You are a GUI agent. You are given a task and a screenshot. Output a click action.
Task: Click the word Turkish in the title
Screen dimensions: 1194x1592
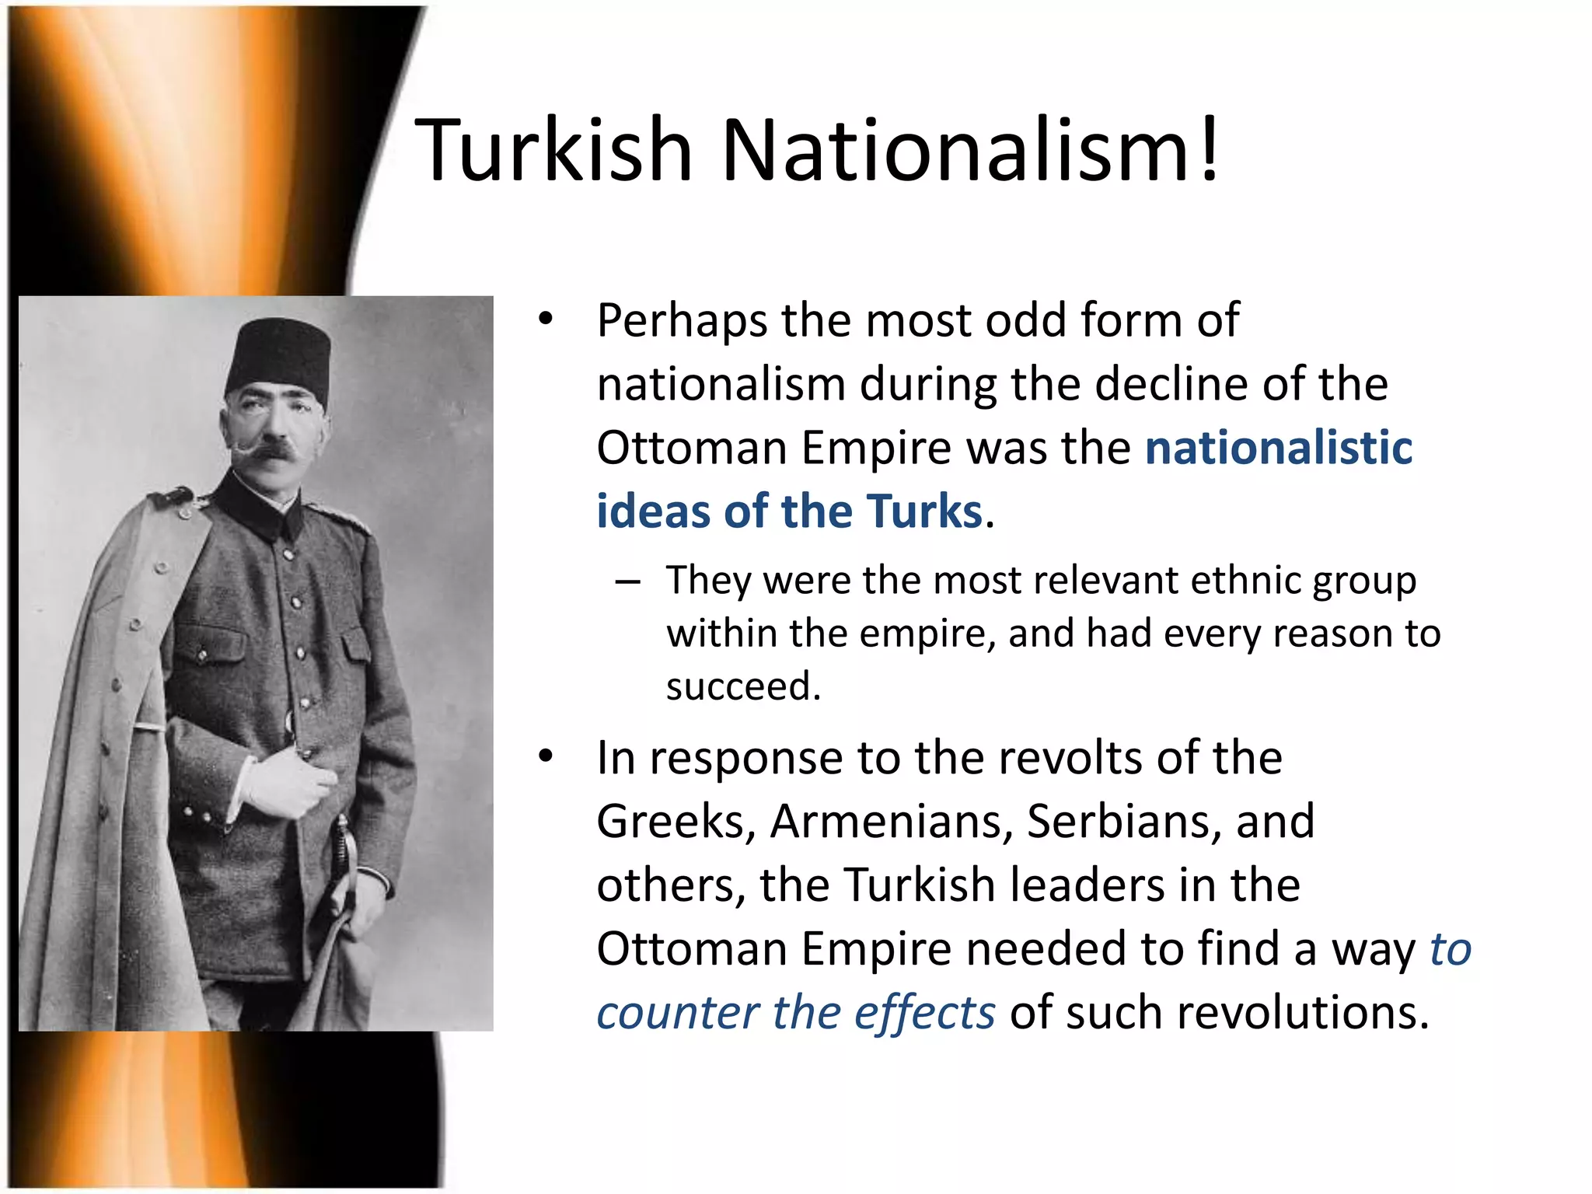553,149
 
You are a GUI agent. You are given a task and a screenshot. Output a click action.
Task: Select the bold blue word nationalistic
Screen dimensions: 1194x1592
1279,449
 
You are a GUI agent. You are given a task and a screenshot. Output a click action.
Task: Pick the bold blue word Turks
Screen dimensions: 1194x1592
925,512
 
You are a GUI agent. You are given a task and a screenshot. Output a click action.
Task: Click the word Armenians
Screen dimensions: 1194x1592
891,822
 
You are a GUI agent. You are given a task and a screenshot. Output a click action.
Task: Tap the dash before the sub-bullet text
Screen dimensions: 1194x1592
627,582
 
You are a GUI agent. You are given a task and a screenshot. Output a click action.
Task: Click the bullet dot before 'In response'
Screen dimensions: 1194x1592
546,756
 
